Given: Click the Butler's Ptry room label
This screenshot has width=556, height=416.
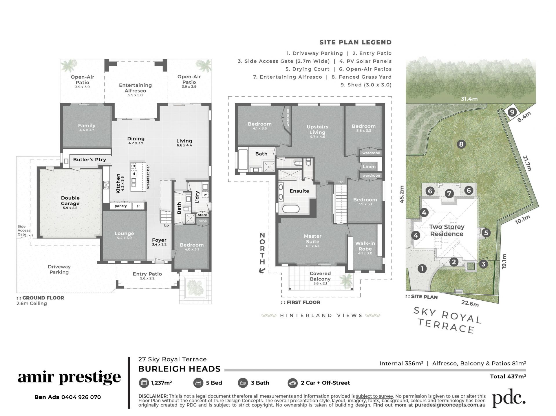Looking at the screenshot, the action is click(89, 160).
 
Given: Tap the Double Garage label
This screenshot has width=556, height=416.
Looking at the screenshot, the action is click(70, 201).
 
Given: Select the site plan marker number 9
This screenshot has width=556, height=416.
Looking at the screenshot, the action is click(512, 112).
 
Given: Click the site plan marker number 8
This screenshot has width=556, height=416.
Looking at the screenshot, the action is click(461, 144).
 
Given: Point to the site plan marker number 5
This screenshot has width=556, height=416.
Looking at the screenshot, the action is click(486, 233).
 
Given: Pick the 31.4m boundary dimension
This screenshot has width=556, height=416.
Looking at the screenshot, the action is click(469, 99).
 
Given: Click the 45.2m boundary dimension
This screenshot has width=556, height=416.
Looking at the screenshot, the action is click(402, 194).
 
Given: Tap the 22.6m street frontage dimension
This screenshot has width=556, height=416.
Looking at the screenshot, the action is click(470, 303).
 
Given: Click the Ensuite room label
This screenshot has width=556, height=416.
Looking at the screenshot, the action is click(299, 191).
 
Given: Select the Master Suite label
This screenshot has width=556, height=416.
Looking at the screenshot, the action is click(312, 239).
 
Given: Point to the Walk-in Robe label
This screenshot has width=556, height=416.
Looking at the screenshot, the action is click(365, 246).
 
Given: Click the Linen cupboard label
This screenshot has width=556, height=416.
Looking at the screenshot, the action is click(369, 167).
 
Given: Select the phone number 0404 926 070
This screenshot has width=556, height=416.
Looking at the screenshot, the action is click(81, 397).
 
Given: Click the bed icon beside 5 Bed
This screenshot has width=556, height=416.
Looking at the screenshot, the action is click(198, 383).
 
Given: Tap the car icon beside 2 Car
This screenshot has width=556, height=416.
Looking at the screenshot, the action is click(293, 383).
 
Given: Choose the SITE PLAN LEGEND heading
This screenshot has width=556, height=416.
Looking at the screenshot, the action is click(355, 42).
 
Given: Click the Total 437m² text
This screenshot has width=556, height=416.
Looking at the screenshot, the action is click(508, 376).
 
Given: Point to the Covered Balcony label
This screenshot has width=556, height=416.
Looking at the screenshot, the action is click(320, 276).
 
